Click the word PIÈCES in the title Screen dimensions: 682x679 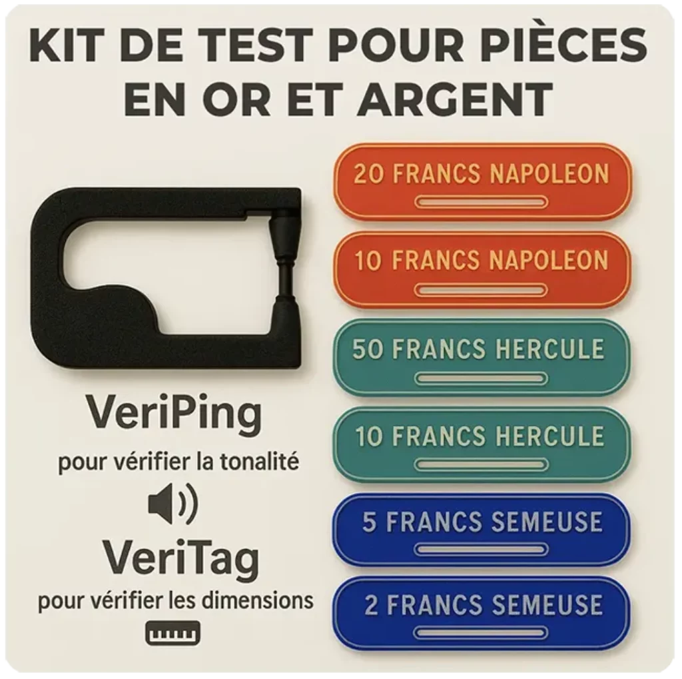[560, 45]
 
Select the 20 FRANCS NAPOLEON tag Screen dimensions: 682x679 [482, 182]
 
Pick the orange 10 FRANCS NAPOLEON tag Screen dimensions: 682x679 [482, 270]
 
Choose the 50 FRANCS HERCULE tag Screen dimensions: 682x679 [482, 357]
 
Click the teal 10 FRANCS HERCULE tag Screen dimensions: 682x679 [482, 444]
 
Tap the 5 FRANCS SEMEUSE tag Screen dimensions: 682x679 [482, 530]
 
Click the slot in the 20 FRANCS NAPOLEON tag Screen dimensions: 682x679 [481, 203]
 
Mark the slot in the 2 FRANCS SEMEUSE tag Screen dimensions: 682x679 [481, 633]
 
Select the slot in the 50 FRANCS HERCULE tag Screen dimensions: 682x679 [481, 378]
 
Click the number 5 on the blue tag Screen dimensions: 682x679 [369, 522]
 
